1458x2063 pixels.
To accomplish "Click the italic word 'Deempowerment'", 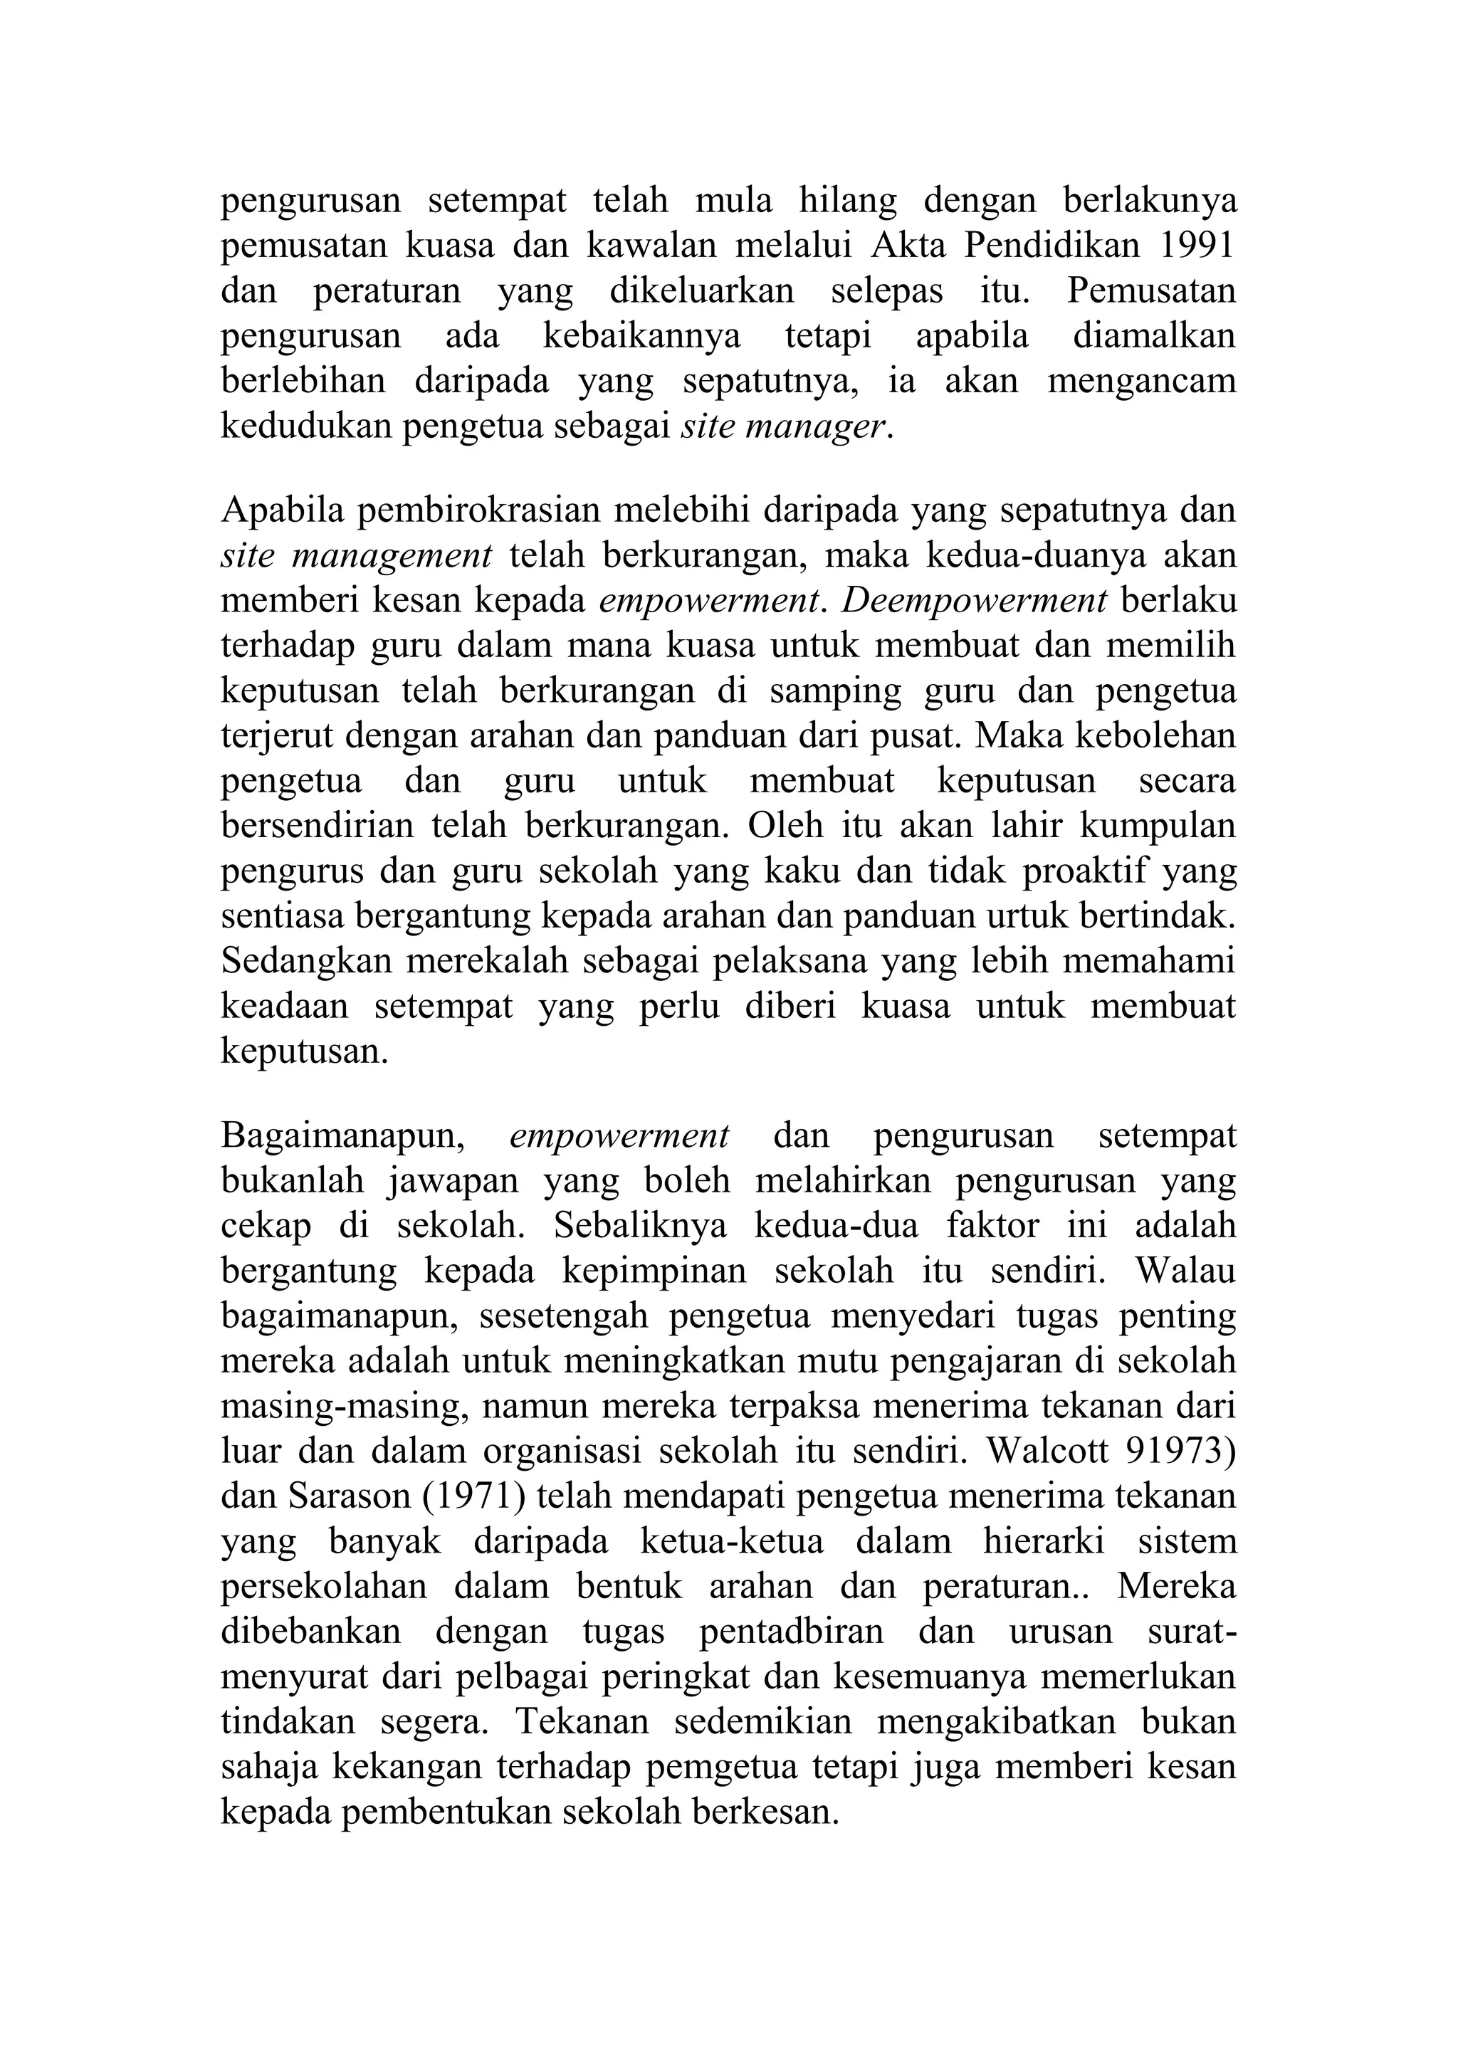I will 974,600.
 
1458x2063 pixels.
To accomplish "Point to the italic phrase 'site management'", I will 356,555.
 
